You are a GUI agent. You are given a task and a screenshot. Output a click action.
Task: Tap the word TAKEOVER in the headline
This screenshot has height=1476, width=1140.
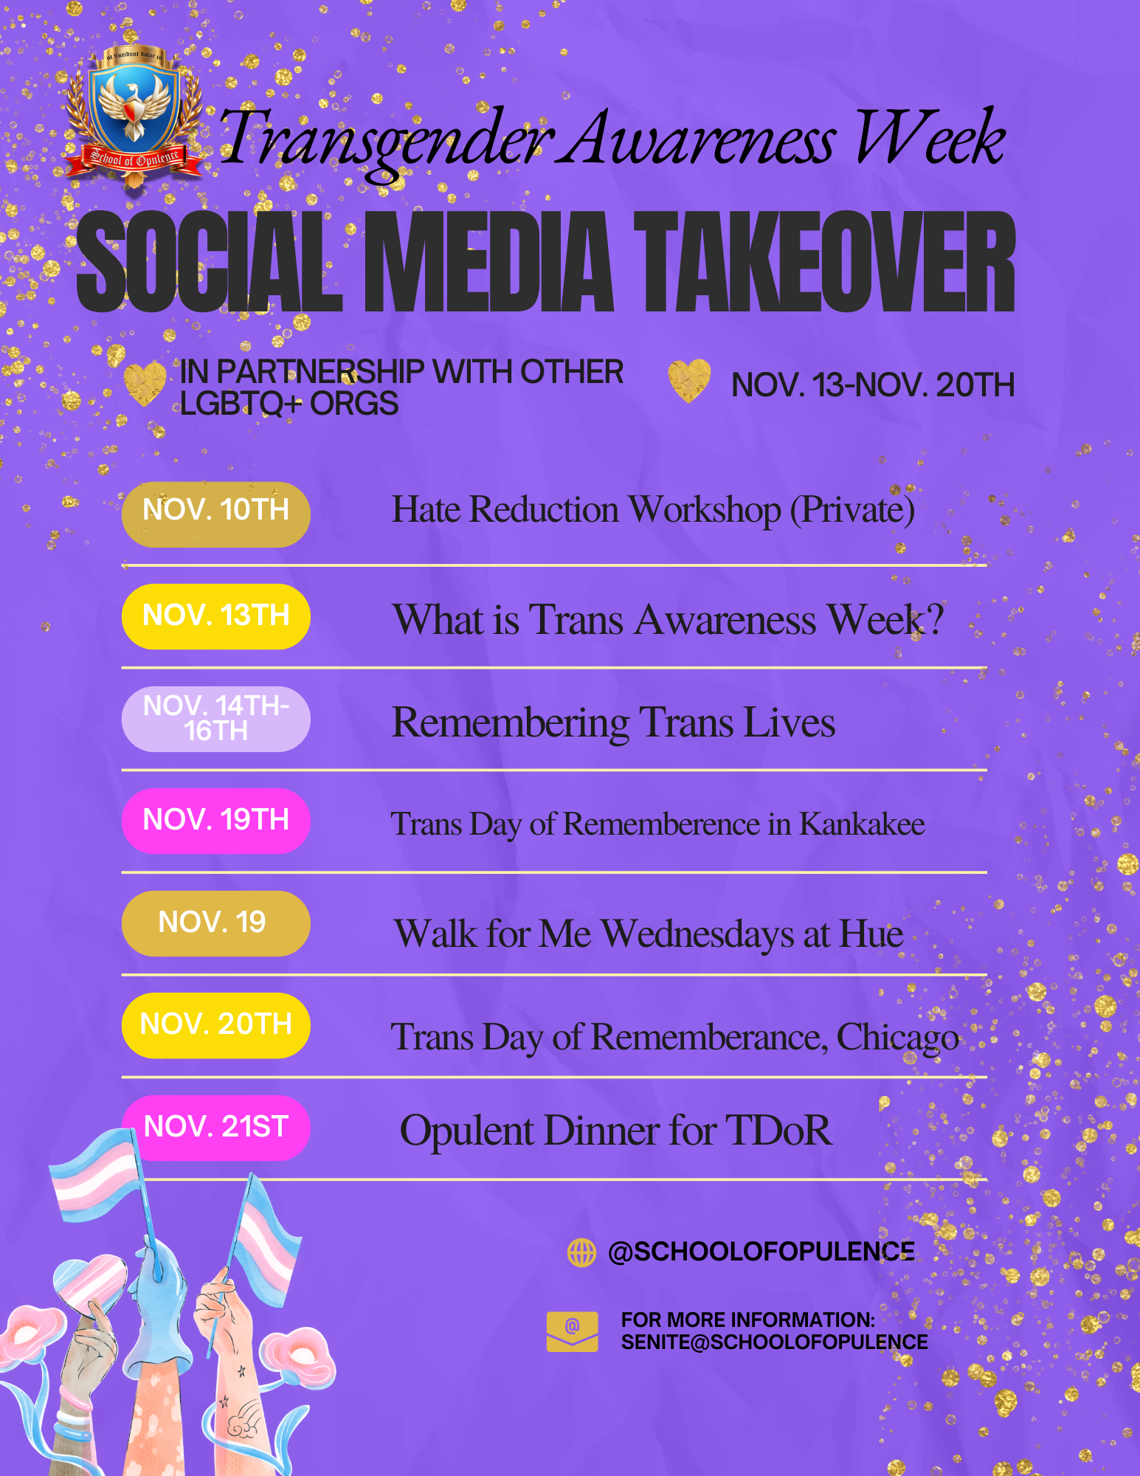(x=825, y=262)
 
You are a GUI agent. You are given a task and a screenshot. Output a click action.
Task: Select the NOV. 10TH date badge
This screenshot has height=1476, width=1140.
(x=215, y=514)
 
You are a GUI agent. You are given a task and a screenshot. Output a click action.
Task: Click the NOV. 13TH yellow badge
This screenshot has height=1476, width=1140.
(x=215, y=616)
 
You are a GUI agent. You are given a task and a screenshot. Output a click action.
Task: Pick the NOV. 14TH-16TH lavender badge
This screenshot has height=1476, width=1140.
(x=215, y=719)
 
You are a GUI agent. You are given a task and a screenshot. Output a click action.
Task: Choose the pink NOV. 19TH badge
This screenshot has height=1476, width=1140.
(x=215, y=821)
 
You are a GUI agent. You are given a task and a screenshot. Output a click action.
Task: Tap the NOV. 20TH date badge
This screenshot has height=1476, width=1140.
(x=215, y=1026)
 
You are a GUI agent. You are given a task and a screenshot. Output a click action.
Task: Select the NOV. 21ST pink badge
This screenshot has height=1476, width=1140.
(x=215, y=1128)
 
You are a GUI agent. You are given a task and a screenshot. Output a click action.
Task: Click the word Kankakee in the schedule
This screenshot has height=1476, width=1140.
(x=862, y=824)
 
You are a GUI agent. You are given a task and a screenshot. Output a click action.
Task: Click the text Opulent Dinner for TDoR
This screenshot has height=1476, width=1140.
(x=616, y=1131)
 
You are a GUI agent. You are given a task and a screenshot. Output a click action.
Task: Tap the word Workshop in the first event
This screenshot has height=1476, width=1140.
(x=705, y=511)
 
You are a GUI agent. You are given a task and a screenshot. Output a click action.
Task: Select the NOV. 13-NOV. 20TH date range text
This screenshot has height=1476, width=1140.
(x=873, y=385)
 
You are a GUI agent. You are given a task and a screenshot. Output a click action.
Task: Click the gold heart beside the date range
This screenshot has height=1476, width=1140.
(x=689, y=381)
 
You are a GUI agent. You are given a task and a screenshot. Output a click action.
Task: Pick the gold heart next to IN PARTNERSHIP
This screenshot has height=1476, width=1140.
(x=145, y=384)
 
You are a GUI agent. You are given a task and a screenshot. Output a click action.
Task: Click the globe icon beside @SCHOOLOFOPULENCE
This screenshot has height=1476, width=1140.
(x=581, y=1252)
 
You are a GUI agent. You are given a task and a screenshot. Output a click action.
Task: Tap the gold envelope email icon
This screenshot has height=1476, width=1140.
(x=572, y=1332)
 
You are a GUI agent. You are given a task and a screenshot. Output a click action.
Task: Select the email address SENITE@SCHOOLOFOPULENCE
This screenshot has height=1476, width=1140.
(x=774, y=1342)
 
